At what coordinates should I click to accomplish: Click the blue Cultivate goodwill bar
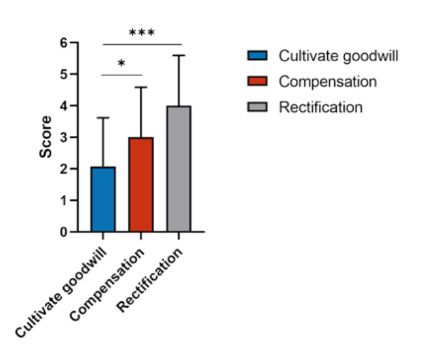click(x=103, y=199)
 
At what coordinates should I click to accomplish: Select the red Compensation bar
click(x=141, y=185)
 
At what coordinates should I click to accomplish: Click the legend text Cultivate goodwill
click(x=338, y=56)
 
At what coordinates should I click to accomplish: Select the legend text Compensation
click(x=327, y=82)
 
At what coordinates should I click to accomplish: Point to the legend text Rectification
click(x=321, y=107)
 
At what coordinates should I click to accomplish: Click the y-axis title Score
click(x=46, y=137)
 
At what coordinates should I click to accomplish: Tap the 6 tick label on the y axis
click(x=64, y=43)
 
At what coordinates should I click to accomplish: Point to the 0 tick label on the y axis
click(x=64, y=232)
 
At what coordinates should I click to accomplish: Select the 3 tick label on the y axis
click(x=64, y=138)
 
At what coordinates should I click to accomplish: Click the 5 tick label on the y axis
click(x=64, y=74)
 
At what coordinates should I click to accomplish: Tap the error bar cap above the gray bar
click(x=179, y=56)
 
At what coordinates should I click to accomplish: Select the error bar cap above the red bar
click(x=141, y=87)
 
